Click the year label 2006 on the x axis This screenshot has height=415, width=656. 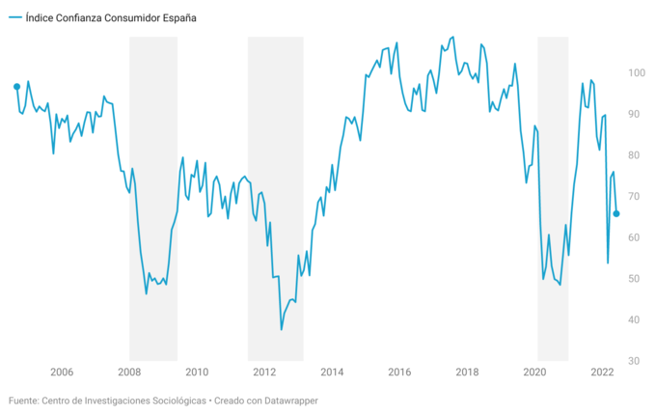61,373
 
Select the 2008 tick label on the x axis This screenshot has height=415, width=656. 129,373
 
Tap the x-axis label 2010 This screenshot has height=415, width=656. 197,373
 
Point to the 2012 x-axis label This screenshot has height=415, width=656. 264,373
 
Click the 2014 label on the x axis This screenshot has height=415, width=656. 332,373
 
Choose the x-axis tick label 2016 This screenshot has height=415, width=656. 399,373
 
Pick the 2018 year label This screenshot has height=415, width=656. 467,373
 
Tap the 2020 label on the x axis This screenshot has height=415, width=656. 534,373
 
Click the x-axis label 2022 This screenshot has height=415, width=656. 602,373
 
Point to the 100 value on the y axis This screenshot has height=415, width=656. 636,73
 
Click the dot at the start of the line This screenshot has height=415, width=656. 16,87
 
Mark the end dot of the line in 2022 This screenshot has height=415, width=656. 616,213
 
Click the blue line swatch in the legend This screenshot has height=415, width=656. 14,17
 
